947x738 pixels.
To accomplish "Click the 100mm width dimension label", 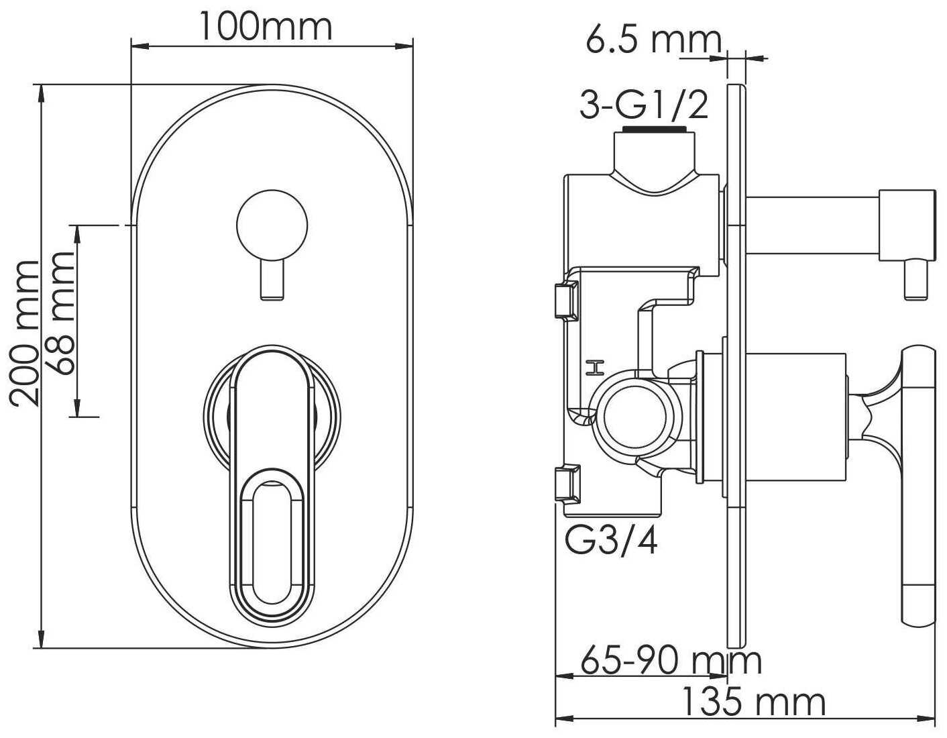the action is point(266,27).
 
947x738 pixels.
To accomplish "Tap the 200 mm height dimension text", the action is point(25,333).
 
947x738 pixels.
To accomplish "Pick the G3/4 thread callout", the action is point(611,541).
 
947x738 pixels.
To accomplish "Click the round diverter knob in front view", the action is point(272,226).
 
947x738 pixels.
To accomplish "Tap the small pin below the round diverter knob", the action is point(272,279).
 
